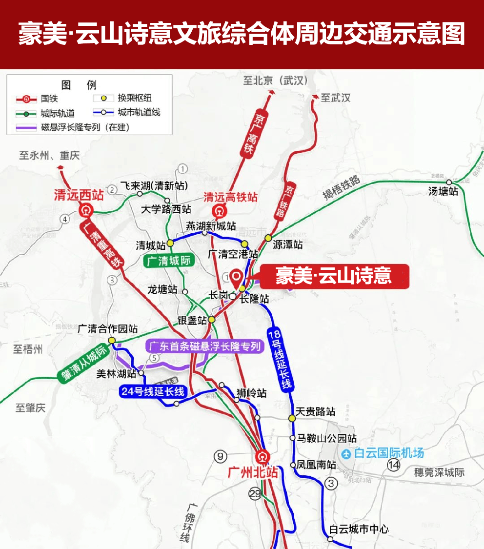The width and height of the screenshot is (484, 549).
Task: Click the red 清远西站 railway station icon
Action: pyautogui.click(x=86, y=211)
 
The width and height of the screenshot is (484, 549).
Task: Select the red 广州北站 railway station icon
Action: pyautogui.click(x=262, y=457)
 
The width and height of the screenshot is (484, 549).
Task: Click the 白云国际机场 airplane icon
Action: pyautogui.click(x=347, y=453)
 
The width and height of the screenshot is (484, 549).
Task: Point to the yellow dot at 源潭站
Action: pyautogui.click(x=268, y=238)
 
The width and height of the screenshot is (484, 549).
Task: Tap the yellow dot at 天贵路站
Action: pyautogui.click(x=292, y=418)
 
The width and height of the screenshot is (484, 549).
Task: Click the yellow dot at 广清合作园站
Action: pyautogui.click(x=112, y=340)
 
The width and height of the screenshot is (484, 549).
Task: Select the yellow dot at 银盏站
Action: pyautogui.click(x=212, y=320)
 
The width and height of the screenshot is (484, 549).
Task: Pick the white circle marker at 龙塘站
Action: pyautogui.click(x=185, y=291)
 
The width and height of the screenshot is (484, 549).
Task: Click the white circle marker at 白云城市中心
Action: pyautogui.click(x=330, y=540)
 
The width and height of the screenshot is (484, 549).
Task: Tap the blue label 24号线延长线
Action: pyautogui.click(x=153, y=391)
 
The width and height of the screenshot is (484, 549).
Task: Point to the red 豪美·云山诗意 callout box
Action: pyautogui.click(x=334, y=277)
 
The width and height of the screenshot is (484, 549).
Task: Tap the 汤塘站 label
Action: pyautogui.click(x=444, y=191)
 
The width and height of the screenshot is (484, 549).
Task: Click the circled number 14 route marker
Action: pyautogui.click(x=393, y=465)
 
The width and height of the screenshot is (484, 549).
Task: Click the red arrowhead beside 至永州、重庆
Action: pyautogui.click(x=60, y=167)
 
